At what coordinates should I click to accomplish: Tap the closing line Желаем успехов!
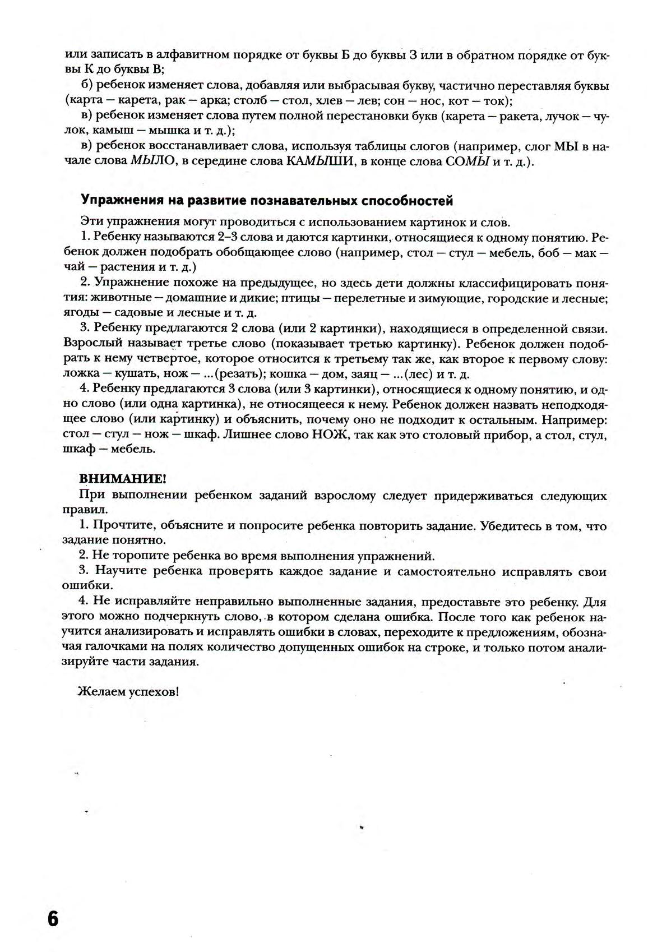point(128,692)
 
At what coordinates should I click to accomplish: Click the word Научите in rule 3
point(121,571)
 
